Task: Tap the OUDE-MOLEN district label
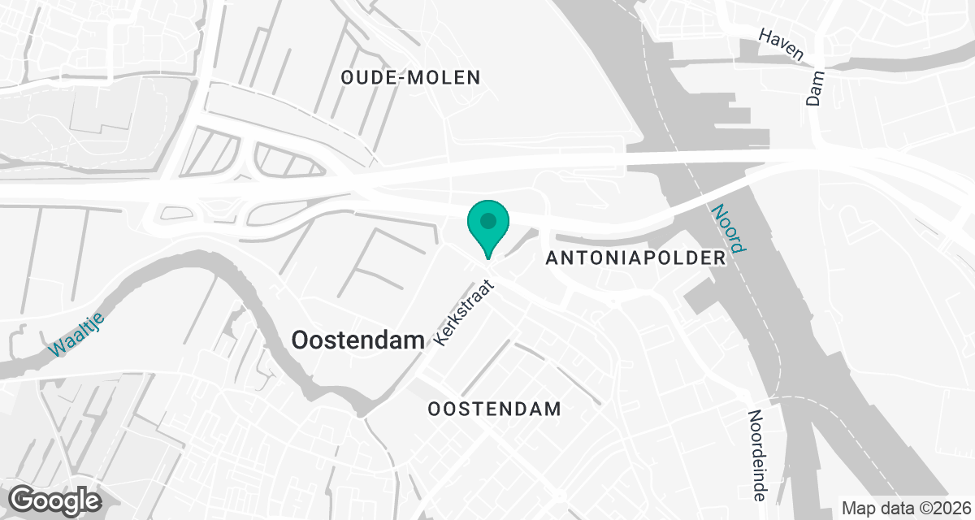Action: click(x=411, y=78)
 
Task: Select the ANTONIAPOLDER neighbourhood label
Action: click(x=635, y=258)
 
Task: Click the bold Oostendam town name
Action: click(x=358, y=340)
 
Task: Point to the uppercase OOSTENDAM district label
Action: click(x=495, y=409)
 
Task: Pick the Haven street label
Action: click(x=781, y=45)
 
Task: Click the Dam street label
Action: click(x=815, y=88)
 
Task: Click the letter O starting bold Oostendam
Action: click(x=300, y=340)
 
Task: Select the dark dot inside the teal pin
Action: click(x=488, y=220)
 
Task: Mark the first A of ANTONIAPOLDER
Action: click(x=553, y=258)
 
